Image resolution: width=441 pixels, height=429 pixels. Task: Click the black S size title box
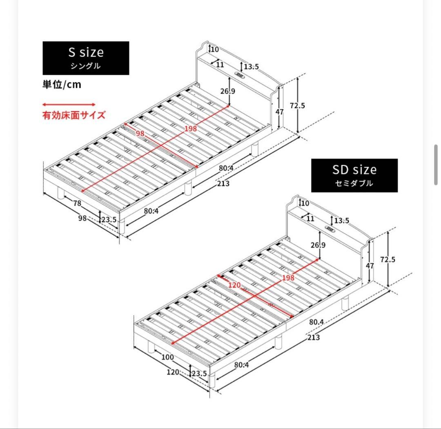pos(86,58)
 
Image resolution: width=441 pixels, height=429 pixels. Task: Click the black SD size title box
pos(354,175)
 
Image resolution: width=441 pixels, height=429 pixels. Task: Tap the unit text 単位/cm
pos(62,85)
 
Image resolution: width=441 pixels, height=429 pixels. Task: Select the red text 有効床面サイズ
pos(74,115)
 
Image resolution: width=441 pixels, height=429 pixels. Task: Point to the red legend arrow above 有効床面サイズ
pos(69,105)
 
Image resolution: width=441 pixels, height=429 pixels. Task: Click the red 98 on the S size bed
pos(140,133)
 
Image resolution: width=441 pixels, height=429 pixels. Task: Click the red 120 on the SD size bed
pos(234,285)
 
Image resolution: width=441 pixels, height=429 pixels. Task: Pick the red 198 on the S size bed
pos(190,129)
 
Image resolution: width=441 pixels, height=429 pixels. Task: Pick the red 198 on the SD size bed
pos(288,278)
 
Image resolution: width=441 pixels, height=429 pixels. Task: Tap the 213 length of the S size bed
pos(223,183)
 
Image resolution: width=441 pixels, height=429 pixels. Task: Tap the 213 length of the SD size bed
pos(314,337)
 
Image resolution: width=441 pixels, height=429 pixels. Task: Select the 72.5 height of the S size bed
pos(297,105)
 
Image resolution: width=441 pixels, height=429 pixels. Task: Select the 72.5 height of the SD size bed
pos(388,259)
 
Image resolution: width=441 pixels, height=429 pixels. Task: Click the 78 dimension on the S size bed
pos(77,203)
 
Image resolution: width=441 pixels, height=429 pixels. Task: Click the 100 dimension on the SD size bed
pos(167,357)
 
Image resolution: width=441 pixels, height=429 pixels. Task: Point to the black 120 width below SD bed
pos(173,372)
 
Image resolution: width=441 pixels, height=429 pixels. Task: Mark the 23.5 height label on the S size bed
pos(109,219)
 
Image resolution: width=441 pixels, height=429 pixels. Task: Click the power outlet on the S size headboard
pos(240,76)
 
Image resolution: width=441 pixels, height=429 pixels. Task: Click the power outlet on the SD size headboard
pos(330,229)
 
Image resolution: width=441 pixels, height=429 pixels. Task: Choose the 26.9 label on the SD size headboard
pos(318,245)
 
